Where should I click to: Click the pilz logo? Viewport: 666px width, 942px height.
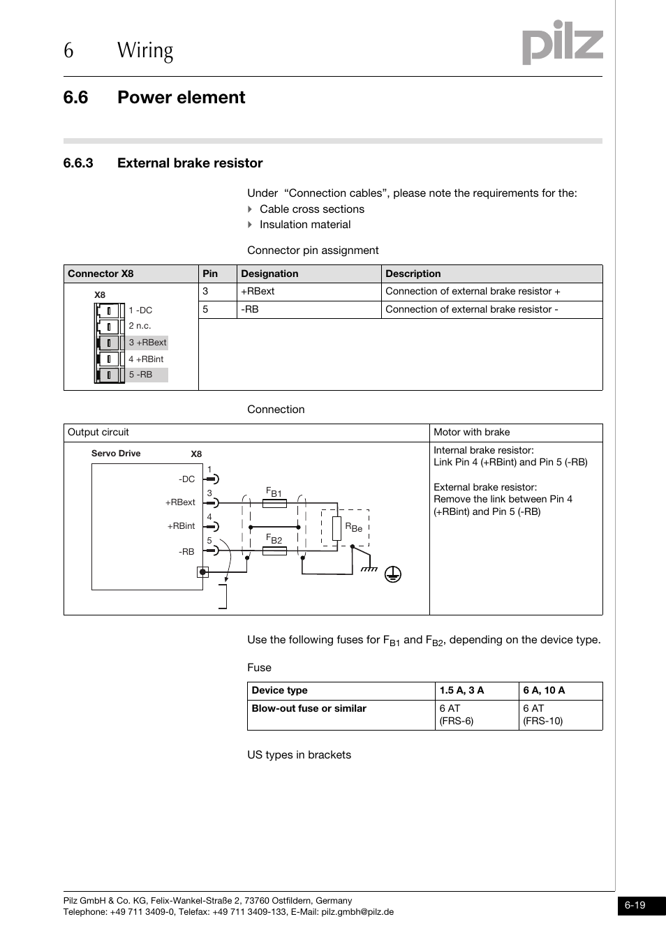point(562,43)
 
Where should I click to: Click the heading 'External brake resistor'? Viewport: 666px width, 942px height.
point(190,163)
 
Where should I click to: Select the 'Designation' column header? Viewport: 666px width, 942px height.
point(269,274)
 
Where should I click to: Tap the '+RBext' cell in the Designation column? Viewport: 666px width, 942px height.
point(258,292)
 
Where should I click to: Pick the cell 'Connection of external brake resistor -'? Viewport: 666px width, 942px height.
point(471,310)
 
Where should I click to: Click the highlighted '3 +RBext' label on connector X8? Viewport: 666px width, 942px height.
point(147,343)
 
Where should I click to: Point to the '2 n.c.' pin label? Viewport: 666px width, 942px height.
point(140,326)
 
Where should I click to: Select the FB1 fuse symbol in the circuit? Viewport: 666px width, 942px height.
point(274,503)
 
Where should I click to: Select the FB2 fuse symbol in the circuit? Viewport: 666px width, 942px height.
point(274,551)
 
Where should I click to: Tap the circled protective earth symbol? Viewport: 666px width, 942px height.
point(393,574)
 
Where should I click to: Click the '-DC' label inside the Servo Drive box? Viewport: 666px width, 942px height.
point(186,479)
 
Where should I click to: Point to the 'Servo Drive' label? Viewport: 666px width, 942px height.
point(116,454)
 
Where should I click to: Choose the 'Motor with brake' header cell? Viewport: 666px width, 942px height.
point(472,433)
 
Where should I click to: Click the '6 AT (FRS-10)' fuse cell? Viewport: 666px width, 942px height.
point(542,715)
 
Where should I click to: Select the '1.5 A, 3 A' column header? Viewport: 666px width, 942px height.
point(461,691)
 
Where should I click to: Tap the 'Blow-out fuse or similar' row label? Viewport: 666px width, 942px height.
point(309,709)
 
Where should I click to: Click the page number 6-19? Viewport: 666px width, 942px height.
point(635,906)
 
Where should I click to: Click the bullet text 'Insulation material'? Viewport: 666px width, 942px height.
point(305,225)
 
